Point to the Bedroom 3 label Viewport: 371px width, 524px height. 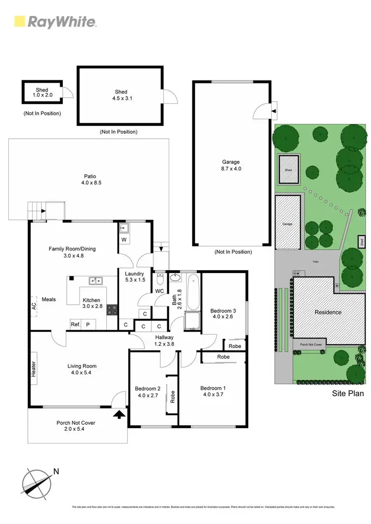[223, 314]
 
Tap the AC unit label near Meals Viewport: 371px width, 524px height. [34, 305]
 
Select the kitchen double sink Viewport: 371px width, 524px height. [95, 281]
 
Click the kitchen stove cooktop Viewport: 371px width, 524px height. [112, 310]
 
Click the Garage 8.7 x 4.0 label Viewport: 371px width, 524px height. [231, 165]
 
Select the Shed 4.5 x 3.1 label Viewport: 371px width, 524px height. [121, 95]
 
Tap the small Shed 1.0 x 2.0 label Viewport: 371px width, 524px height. [42, 92]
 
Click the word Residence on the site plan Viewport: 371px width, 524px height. [328, 312]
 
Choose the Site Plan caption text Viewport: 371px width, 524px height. [347, 394]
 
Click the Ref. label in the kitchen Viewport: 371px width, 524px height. [75, 324]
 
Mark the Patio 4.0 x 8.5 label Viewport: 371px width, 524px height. [90, 179]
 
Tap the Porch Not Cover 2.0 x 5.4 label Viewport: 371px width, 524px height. [75, 426]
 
